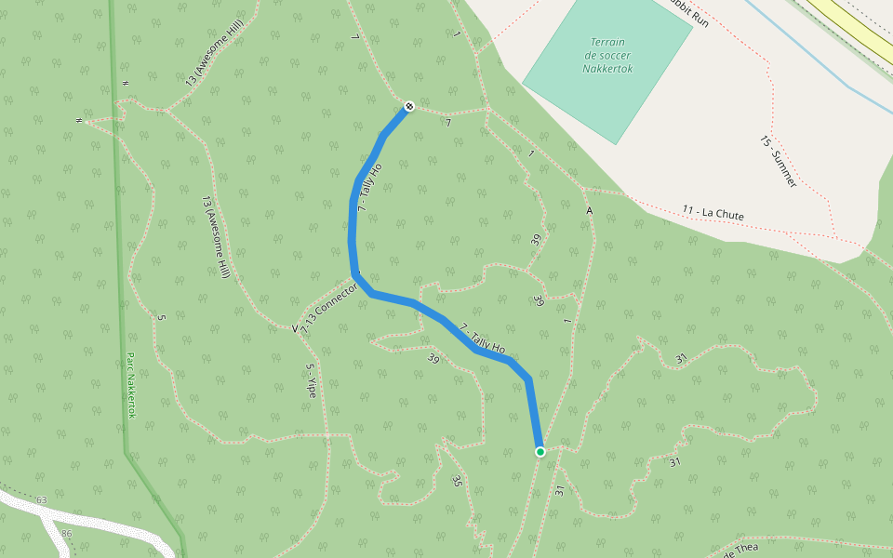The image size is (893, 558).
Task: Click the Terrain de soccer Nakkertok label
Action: pyautogui.click(x=607, y=55)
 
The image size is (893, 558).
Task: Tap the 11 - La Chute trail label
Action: pyautogui.click(x=713, y=213)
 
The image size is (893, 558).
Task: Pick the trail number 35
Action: pyautogui.click(x=456, y=481)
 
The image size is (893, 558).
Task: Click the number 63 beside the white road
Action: pyautogui.click(x=41, y=500)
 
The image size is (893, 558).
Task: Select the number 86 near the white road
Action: pyautogui.click(x=66, y=534)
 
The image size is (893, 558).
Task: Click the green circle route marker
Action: pyautogui.click(x=540, y=452)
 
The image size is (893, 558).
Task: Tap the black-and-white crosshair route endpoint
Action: pyautogui.click(x=408, y=106)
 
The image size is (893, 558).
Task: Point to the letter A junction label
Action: pyautogui.click(x=589, y=211)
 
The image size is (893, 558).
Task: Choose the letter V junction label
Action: pyautogui.click(x=295, y=328)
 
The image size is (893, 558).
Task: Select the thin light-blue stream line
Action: pyautogui.click(x=800, y=58)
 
